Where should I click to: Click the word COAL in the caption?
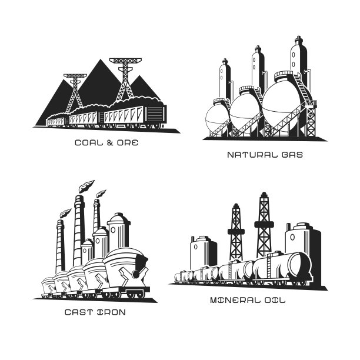click(89, 143)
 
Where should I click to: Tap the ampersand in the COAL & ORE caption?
click(110, 143)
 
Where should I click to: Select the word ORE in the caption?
click(128, 143)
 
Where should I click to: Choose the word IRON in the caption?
click(112, 312)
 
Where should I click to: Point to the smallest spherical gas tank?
click(216, 119)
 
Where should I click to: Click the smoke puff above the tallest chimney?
click(86, 186)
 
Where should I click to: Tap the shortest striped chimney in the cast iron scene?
click(60, 246)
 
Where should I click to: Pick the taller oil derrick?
click(264, 225)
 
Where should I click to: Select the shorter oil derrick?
click(236, 232)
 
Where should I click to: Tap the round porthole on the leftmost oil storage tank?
click(196, 247)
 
